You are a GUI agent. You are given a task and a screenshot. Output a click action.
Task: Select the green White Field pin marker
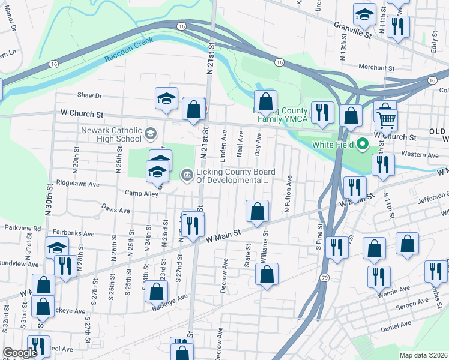click(362, 145)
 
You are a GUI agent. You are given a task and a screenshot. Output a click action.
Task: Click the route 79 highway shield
click(325, 278)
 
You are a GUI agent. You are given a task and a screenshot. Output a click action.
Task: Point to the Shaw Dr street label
click(90, 95)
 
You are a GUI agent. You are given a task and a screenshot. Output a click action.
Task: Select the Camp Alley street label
click(141, 193)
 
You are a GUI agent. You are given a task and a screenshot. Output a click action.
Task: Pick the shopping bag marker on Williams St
click(267, 274)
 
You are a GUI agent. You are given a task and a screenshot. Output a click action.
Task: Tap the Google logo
click(20, 353)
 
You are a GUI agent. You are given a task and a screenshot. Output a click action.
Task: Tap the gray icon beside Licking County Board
click(187, 175)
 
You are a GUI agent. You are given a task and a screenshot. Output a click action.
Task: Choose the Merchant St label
click(375, 67)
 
